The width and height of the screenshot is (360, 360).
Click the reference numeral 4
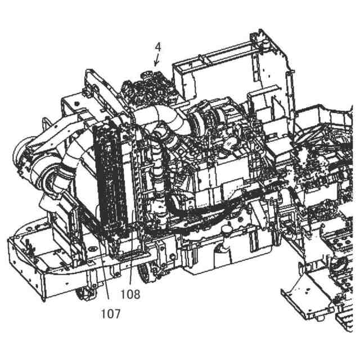click(x=158, y=47)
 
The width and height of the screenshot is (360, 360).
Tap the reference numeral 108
click(x=130, y=293)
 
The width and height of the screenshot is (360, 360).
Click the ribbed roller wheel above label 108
click(x=147, y=272)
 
